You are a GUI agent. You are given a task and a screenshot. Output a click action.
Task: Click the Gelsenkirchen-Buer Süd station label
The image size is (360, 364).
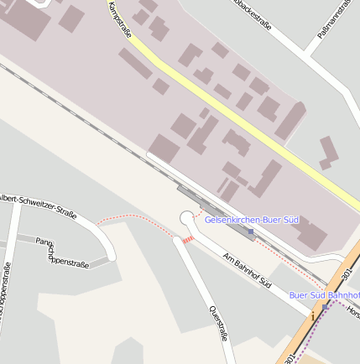pos(252,220)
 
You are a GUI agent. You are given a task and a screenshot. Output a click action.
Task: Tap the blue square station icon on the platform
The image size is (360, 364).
pos(251,231)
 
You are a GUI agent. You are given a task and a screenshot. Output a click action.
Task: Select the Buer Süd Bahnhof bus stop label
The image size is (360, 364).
pos(324,295)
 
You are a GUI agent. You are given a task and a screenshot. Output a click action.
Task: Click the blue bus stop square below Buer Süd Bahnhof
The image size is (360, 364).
pos(325,307)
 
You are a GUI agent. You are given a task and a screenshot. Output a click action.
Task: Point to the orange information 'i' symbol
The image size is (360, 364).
pos(311,319)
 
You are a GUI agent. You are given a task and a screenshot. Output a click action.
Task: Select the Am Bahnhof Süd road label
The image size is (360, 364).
pos(248,268)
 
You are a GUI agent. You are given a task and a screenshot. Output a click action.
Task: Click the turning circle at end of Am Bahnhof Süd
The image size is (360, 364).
pos(188,220)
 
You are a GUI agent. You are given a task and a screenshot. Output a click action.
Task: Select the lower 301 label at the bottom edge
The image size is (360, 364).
pos(290,357)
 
